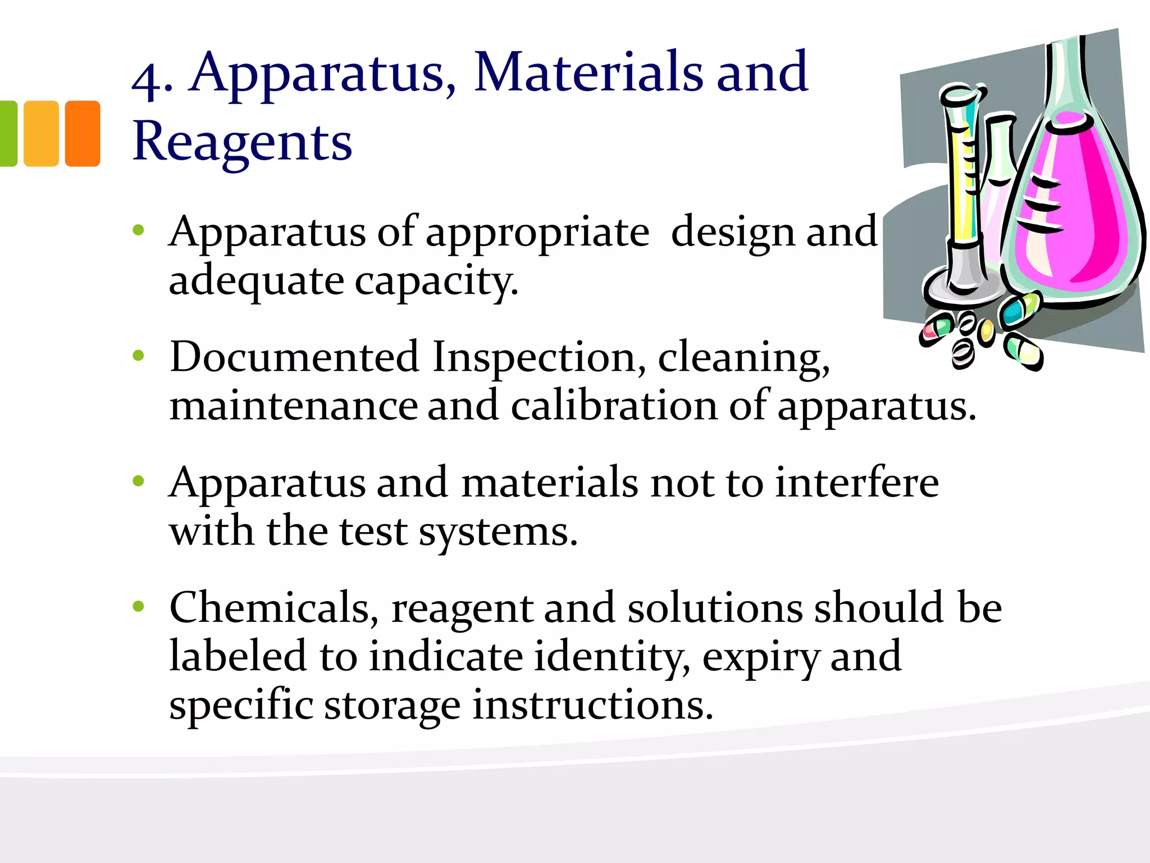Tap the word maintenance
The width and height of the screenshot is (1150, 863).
[x=293, y=406]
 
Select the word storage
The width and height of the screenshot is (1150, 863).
[x=392, y=705]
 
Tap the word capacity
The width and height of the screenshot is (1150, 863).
[x=436, y=281]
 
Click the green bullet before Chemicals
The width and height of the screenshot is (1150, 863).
[x=138, y=606]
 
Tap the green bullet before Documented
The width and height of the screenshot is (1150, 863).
[x=138, y=355]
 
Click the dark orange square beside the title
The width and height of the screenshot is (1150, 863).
[x=83, y=133]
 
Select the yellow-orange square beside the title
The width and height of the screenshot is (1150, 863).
[x=41, y=133]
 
